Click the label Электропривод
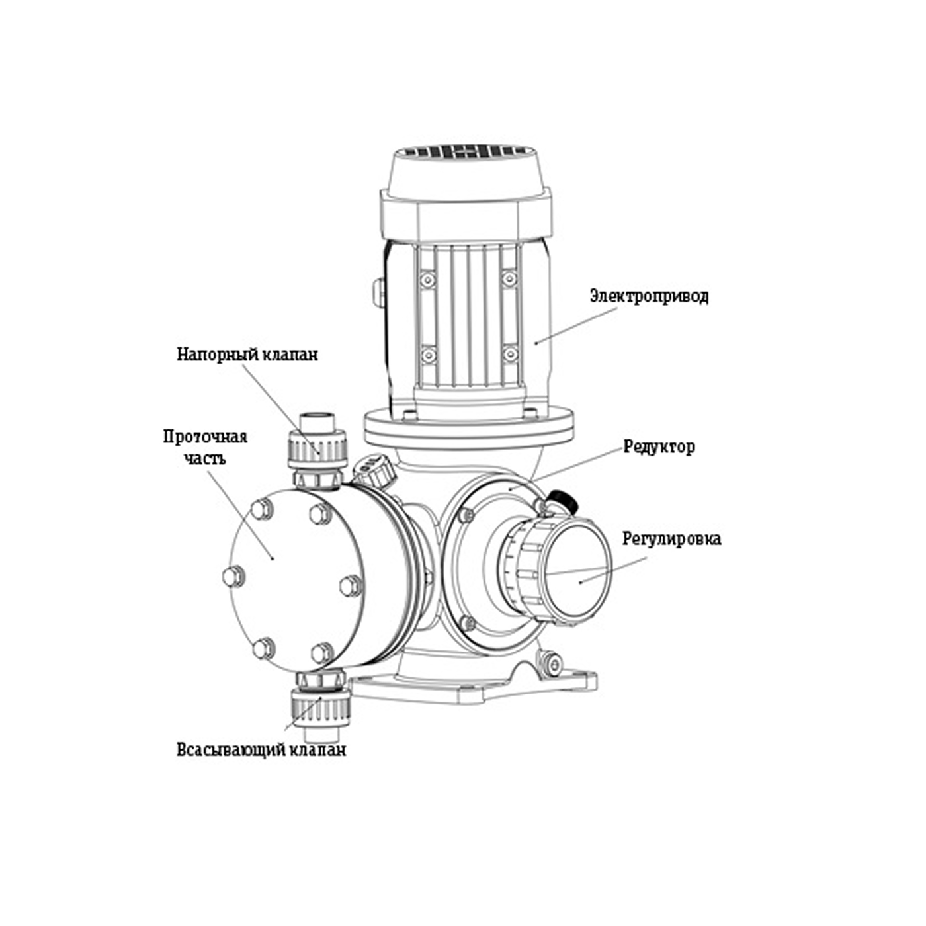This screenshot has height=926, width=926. point(649,295)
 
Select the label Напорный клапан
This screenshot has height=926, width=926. point(247,355)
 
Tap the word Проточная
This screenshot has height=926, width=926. point(205,437)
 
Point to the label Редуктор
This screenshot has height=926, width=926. point(659,447)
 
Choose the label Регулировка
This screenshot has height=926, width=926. point(671,539)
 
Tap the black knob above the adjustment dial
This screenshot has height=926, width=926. point(564,500)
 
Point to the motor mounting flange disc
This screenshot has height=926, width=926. point(468,428)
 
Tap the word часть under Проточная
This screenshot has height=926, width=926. point(205,458)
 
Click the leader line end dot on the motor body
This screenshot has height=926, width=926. point(536,342)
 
